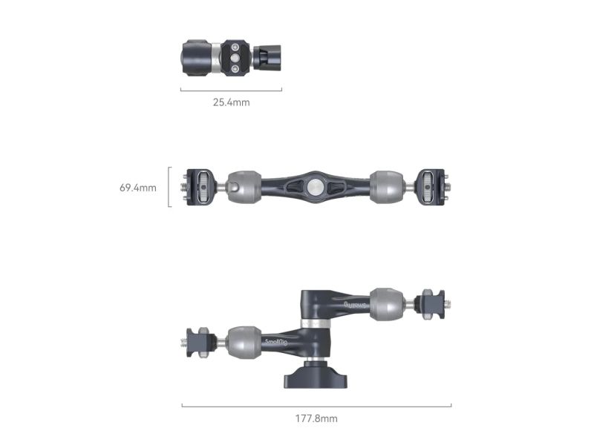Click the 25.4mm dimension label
(231, 102)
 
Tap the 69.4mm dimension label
(138, 188)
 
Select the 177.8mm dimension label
(316, 418)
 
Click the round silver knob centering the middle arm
(314, 187)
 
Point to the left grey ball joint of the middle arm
(244, 187)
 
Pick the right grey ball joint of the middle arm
(386, 187)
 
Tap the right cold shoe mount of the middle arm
(431, 187)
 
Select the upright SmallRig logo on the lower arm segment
(276, 342)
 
